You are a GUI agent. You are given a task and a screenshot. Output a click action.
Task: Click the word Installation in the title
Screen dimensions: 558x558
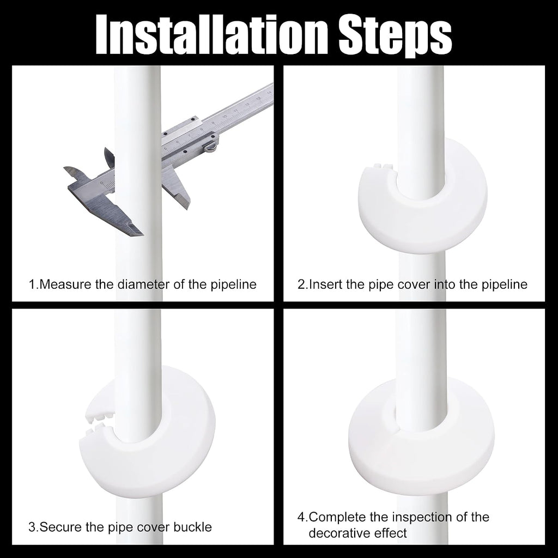212,34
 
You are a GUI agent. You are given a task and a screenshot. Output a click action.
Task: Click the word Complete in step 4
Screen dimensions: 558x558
337,517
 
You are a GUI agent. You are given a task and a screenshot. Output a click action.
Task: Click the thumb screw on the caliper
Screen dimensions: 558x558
211,146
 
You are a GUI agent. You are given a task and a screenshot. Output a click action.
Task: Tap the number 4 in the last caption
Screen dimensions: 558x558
301,517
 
